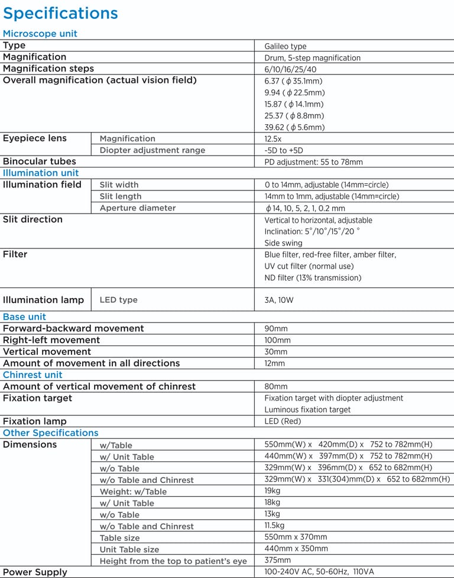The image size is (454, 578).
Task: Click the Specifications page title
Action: tap(60, 13)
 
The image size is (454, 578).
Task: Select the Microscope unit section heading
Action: tap(40, 34)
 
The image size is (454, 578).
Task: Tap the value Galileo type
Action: tap(286, 46)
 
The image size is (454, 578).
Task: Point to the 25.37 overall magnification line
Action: tap(294, 116)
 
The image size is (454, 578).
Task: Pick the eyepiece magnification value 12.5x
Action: tap(273, 139)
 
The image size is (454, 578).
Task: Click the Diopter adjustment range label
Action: tap(153, 150)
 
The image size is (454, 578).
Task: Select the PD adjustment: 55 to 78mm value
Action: tap(313, 162)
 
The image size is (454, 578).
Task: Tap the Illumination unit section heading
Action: tap(41, 173)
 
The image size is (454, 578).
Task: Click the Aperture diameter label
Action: tap(138, 208)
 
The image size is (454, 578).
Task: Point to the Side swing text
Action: tap(283, 243)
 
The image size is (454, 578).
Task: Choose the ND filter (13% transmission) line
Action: tap(313, 278)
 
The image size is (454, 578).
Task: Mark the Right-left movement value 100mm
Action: tap(277, 341)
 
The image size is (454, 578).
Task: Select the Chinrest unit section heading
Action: tap(33, 375)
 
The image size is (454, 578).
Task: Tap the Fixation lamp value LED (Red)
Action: tap(283, 422)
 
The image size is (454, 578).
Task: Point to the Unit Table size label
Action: tap(129, 550)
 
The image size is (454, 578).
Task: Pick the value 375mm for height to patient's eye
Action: tap(277, 560)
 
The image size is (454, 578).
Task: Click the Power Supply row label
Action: tap(35, 572)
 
